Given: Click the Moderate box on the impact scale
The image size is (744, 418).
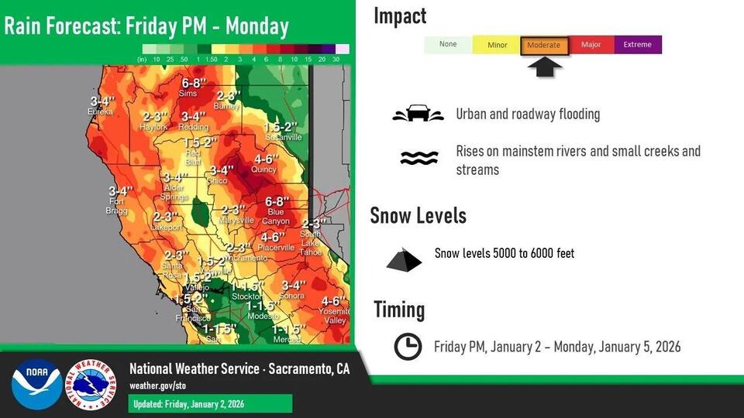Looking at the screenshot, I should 544,46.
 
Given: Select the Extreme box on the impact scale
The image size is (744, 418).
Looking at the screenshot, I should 638,45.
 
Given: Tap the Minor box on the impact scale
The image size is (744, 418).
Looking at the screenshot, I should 497,45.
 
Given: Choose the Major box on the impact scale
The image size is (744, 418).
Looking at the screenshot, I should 591,45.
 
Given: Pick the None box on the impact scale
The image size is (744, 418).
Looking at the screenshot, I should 448,45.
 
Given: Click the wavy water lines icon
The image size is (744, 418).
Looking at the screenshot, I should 419,159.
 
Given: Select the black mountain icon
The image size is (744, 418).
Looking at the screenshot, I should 404,260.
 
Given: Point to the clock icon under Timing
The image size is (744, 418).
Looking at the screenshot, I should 408,347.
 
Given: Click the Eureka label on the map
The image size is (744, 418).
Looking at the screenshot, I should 101,111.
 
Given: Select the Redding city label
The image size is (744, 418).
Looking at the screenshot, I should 193,126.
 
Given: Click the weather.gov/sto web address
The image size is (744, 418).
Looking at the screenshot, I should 157,385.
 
